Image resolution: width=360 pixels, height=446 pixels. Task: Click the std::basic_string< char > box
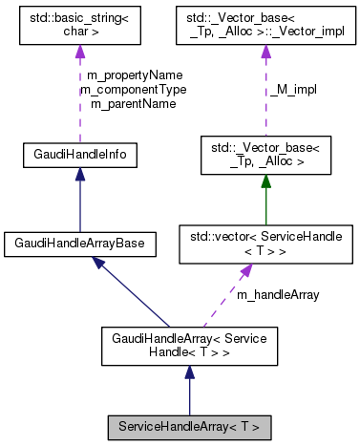point(81,27)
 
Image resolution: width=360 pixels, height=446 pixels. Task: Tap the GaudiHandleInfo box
point(81,153)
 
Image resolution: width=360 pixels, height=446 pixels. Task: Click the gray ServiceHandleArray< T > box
point(189,423)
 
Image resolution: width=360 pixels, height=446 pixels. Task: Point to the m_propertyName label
point(134,74)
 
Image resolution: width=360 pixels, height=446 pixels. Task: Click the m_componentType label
point(134,89)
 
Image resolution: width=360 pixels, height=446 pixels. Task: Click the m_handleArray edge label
point(278,294)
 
